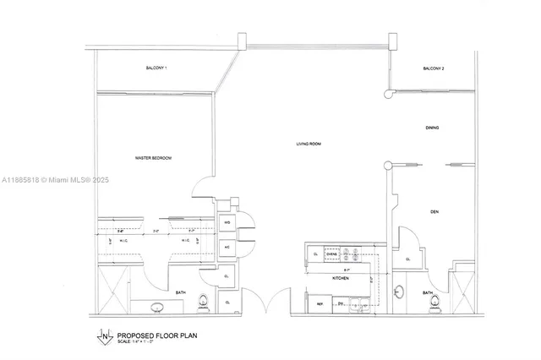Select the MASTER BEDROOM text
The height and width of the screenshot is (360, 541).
click(154, 158)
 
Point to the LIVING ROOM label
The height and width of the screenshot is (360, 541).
click(309, 145)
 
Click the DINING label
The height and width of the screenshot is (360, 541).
click(432, 127)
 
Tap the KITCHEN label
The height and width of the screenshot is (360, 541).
click(340, 277)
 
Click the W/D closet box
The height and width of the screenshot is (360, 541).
click(227, 224)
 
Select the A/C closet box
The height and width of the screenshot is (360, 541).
click(227, 247)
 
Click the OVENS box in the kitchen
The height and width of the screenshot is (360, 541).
click(332, 254)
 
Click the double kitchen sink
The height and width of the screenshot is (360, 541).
click(358, 304)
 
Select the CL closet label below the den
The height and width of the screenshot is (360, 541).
click(408, 259)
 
